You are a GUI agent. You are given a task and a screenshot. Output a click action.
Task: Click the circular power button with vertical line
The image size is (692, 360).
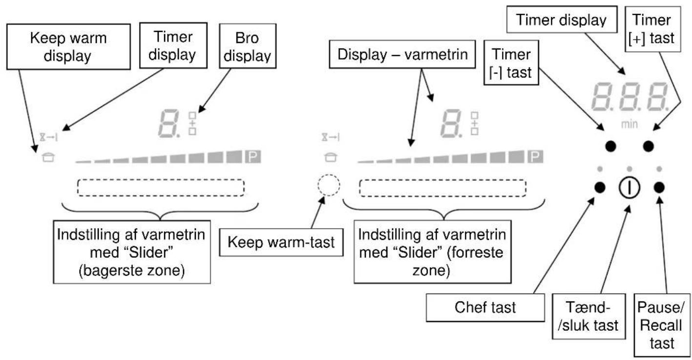(x=629, y=188)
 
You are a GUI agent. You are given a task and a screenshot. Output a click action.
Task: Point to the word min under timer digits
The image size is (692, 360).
(x=629, y=124)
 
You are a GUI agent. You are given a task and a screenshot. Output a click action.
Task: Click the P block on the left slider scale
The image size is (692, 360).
(x=253, y=157)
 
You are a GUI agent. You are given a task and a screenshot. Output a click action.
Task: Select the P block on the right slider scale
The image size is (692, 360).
(x=535, y=157)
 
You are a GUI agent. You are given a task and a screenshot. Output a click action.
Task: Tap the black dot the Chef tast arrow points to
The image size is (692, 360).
(x=600, y=187)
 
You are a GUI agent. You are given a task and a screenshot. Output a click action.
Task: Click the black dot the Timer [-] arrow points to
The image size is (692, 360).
(x=611, y=146)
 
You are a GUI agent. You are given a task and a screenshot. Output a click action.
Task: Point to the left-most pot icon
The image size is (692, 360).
(x=48, y=157)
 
